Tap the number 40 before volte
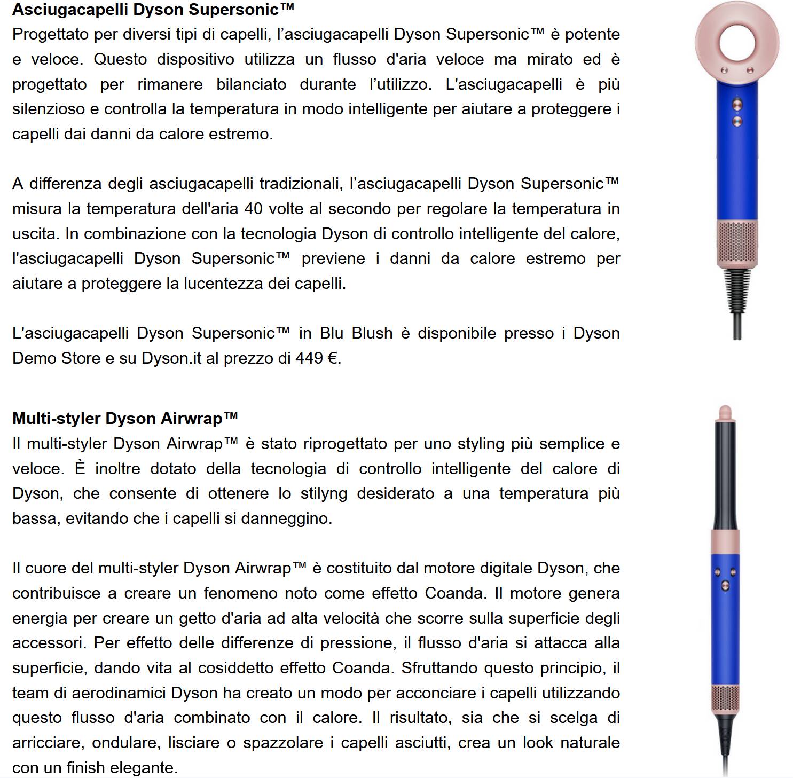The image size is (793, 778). [x=253, y=209]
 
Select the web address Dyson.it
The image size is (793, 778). [x=171, y=358]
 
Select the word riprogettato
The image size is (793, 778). [x=344, y=444]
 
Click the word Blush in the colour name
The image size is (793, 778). [x=372, y=333]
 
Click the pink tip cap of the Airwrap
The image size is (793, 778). [x=725, y=412]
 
